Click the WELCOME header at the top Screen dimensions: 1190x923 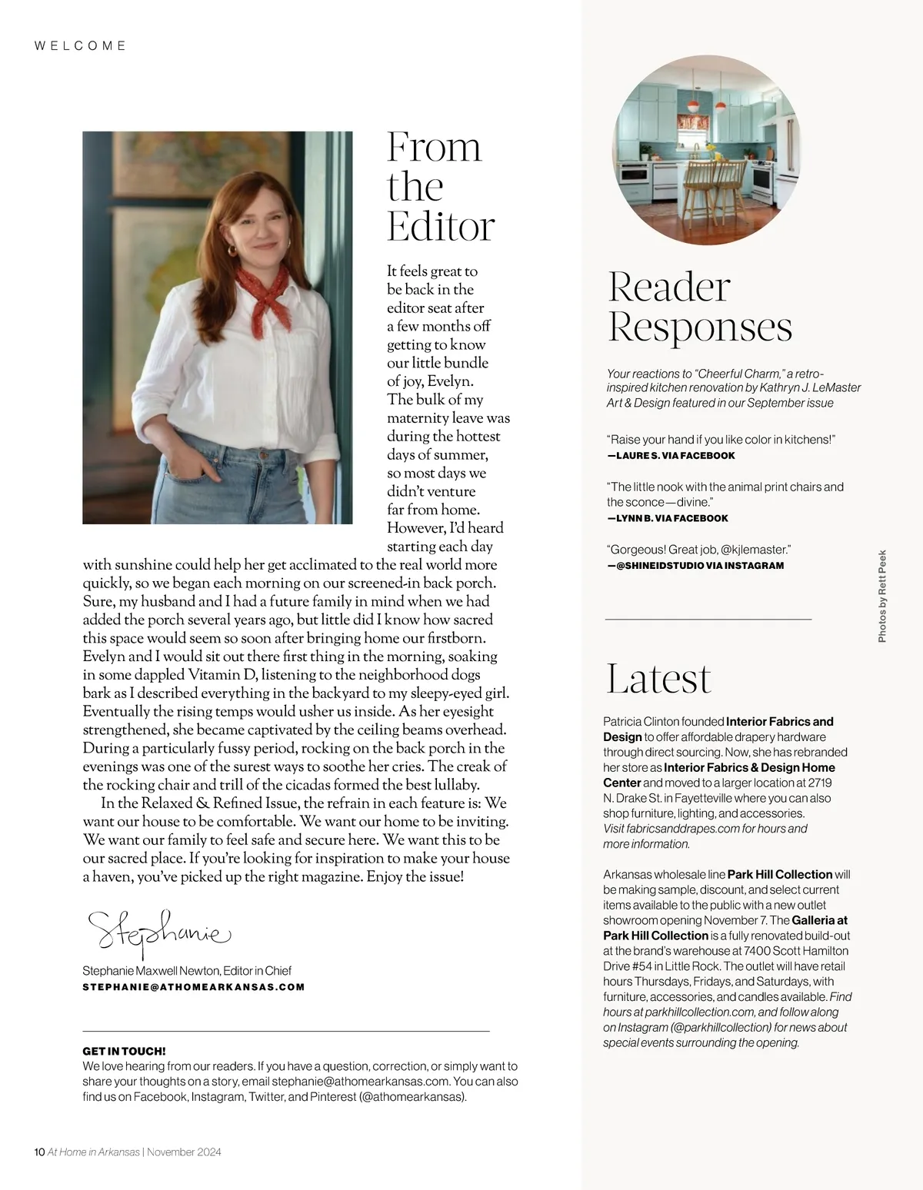coord(81,46)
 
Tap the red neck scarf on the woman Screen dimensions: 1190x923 coord(265,293)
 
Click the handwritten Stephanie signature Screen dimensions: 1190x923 coord(158,933)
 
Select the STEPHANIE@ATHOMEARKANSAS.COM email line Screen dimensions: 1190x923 coord(193,987)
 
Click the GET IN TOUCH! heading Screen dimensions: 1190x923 coord(124,1051)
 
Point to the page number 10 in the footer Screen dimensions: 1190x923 coord(40,1152)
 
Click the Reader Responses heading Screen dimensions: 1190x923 coord(699,307)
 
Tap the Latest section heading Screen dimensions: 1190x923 coord(658,678)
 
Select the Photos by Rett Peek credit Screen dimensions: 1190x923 coord(882,596)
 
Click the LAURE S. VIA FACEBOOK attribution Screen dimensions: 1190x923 coord(671,456)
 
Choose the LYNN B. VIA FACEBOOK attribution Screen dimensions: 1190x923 coord(668,518)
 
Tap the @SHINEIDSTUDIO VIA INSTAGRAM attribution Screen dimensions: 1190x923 coord(695,566)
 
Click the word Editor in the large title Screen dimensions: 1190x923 coord(440,227)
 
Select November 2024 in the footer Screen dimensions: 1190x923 coord(184,1152)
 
